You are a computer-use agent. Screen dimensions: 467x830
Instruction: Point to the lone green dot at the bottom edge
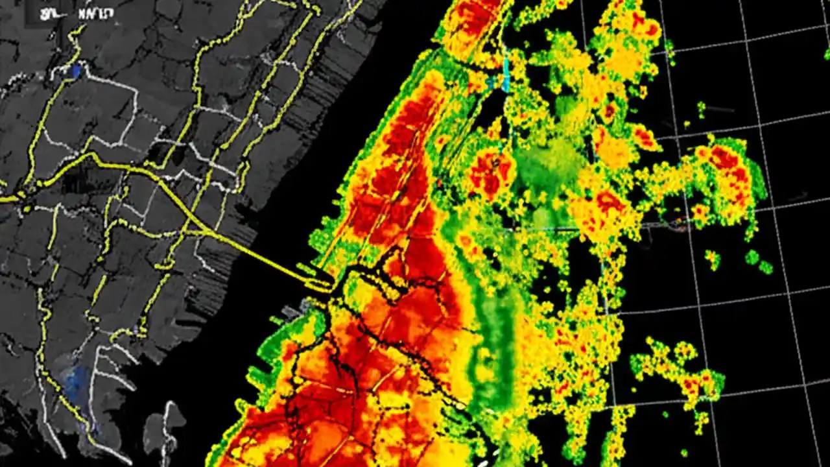[683, 452]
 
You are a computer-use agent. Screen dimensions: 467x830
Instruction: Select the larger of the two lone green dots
[752, 257]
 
